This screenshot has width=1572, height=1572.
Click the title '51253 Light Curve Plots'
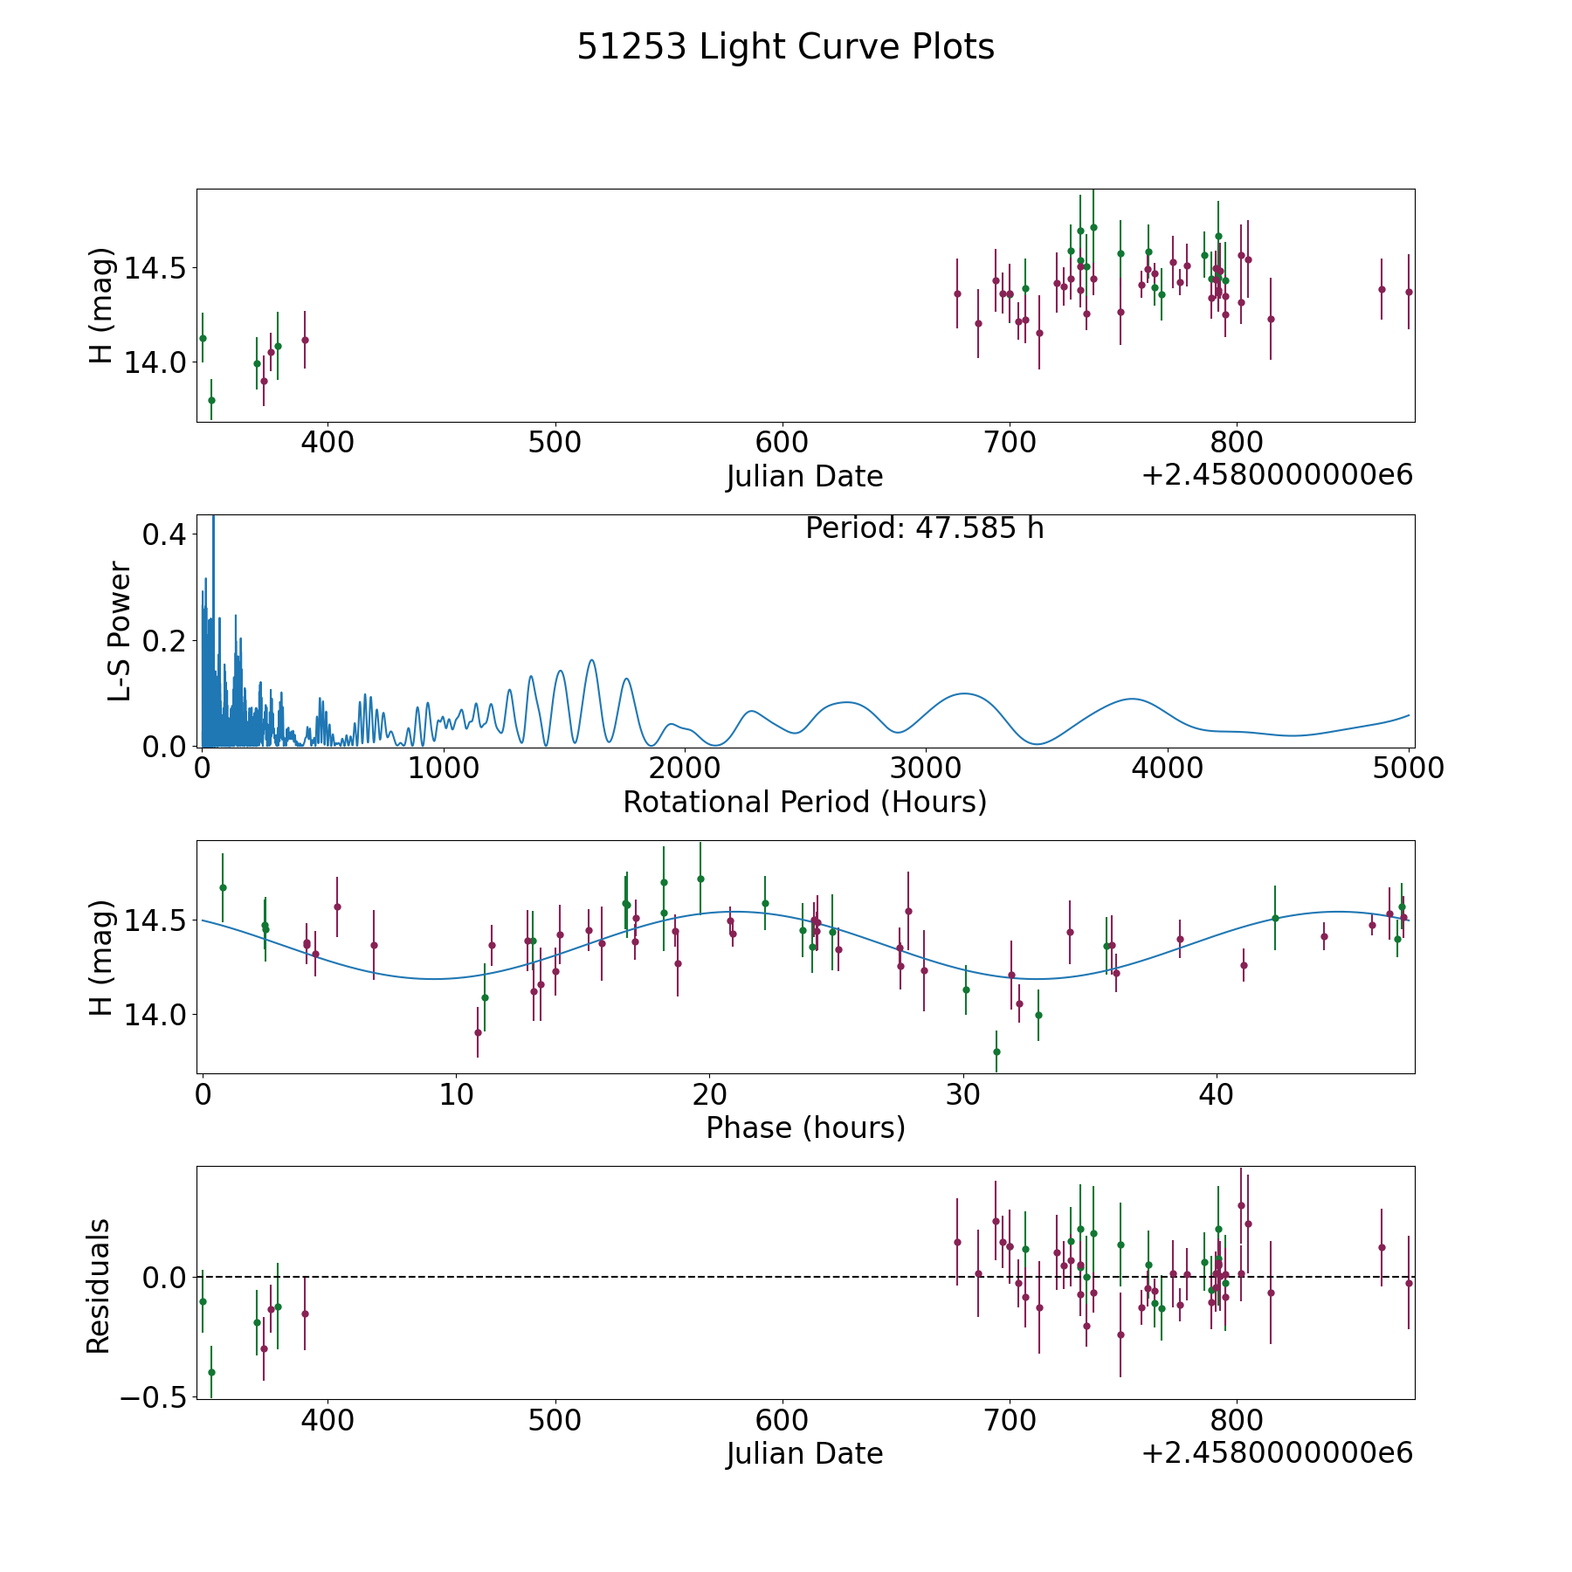pyautogui.click(x=785, y=47)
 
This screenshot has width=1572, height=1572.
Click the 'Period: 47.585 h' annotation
pyautogui.click(x=924, y=528)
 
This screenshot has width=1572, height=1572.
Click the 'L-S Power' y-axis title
pyautogui.click(x=120, y=631)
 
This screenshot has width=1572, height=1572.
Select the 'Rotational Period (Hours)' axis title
pyautogui.click(x=804, y=802)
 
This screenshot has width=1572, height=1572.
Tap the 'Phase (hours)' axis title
pyautogui.click(x=805, y=1127)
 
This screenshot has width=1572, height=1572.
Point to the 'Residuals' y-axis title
pyautogui.click(x=99, y=1286)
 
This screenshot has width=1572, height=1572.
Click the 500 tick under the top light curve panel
pyautogui.click(x=555, y=443)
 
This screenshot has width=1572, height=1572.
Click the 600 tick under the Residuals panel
pyautogui.click(x=782, y=1420)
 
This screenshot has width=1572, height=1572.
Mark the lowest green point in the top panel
pyautogui.click(x=211, y=400)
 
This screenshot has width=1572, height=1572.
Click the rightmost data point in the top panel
pyautogui.click(x=1409, y=292)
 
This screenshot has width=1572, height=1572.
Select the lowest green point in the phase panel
pyautogui.click(x=996, y=1051)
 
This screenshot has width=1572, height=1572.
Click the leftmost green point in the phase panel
pyautogui.click(x=223, y=887)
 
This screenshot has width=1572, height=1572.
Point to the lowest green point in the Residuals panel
pyautogui.click(x=211, y=1372)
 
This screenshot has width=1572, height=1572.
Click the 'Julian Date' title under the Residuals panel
pyautogui.click(x=804, y=1453)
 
